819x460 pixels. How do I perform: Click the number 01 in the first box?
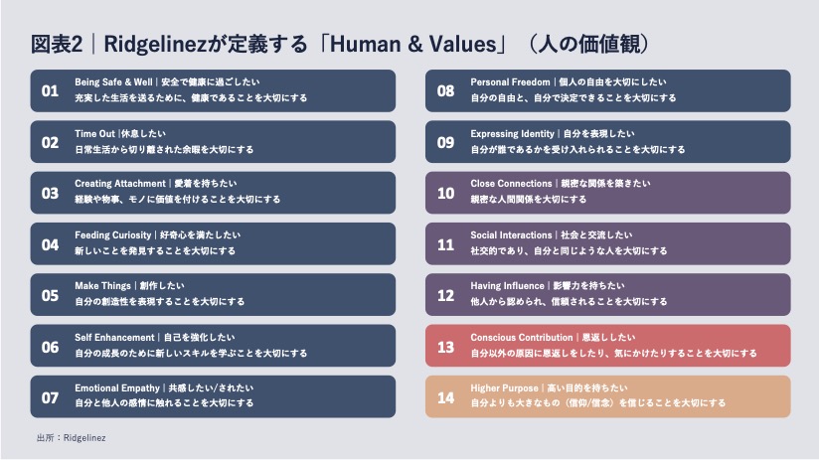tap(50, 90)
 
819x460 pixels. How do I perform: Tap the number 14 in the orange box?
tap(445, 397)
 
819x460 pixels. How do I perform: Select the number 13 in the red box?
tap(445, 347)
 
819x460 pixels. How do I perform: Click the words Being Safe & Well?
tap(113, 82)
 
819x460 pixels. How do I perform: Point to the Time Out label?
tap(94, 134)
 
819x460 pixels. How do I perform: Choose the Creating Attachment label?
tap(120, 183)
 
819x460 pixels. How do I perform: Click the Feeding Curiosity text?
tap(113, 234)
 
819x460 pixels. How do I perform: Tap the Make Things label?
tap(103, 285)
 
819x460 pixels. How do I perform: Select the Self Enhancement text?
tap(114, 337)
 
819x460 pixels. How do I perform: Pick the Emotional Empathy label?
tap(117, 387)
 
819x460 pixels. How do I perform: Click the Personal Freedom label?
tap(510, 82)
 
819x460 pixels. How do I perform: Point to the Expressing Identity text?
tap(513, 134)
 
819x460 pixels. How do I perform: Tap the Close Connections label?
tap(511, 183)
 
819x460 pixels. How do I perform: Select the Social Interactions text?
tap(511, 234)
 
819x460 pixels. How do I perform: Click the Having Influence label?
tap(507, 285)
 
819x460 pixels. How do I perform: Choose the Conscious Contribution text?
tap(522, 337)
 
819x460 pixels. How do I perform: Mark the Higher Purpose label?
tap(504, 387)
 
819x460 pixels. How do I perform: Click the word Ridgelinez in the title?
tap(155, 45)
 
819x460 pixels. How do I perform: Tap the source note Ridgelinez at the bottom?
tap(84, 438)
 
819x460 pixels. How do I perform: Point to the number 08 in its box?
tap(445, 90)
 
